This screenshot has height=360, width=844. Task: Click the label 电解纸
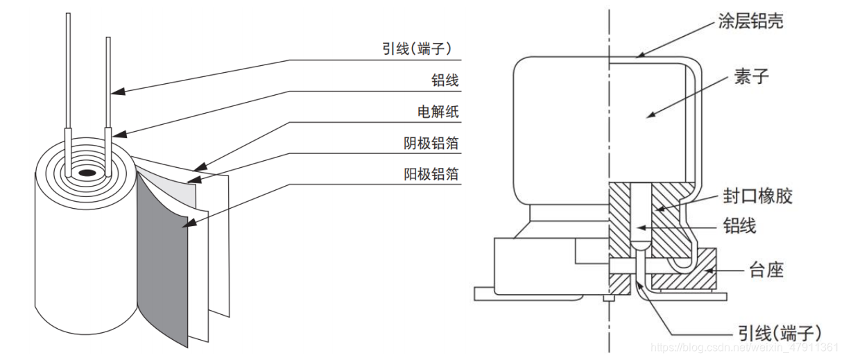[x=438, y=112]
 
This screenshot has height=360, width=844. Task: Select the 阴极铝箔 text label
[x=431, y=143]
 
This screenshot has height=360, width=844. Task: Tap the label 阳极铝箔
[x=431, y=173]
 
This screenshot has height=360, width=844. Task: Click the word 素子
[x=752, y=77]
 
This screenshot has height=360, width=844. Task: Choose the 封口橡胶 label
[x=758, y=196]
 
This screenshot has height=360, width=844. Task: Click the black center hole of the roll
[x=87, y=172]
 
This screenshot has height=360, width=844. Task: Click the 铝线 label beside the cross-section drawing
[x=739, y=225]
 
